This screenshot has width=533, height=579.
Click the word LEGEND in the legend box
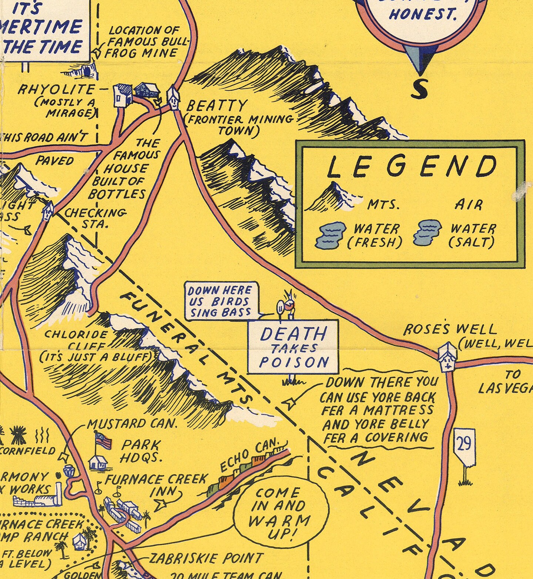(x=411, y=167)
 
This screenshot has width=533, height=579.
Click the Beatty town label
(x=216, y=106)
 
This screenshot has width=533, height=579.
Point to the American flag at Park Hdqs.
(x=103, y=441)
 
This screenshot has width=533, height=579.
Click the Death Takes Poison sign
(x=293, y=347)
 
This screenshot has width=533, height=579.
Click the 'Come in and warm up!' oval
(x=281, y=513)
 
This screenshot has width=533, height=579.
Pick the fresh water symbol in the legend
(x=330, y=235)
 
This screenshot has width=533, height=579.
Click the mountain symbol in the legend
(x=332, y=197)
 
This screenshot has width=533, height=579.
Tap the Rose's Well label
(x=450, y=329)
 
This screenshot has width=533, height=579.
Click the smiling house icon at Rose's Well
(x=447, y=357)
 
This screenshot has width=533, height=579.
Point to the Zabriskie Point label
(x=206, y=558)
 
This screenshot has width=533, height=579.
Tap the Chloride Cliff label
(x=76, y=340)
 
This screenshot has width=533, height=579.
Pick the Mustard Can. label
(x=132, y=424)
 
